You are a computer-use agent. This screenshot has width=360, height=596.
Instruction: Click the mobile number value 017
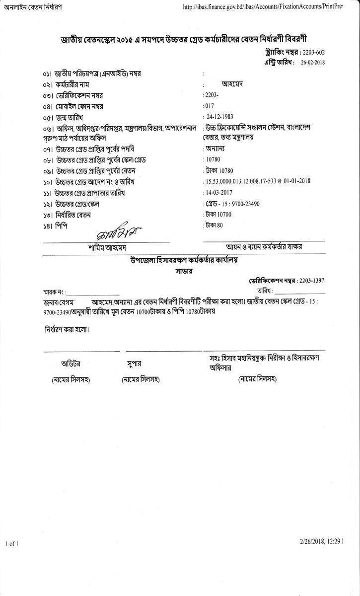(x=209, y=106)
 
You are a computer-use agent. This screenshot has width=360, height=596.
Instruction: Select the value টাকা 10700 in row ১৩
(x=218, y=215)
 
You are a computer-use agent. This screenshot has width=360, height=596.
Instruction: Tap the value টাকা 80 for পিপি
(x=215, y=225)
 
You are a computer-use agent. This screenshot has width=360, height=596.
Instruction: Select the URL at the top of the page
(x=263, y=7)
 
